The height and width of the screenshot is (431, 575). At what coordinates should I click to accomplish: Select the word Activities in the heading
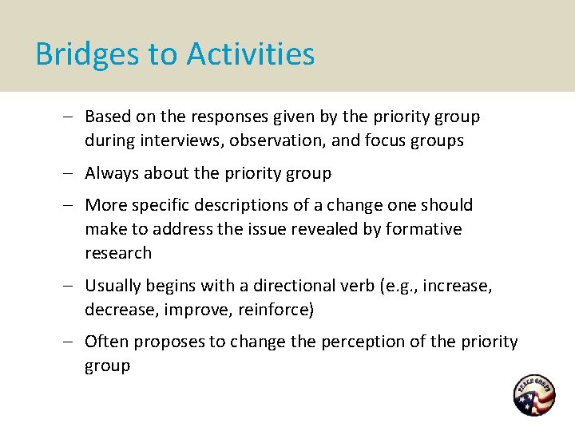pyautogui.click(x=251, y=54)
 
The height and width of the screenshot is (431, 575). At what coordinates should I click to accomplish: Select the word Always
pyautogui.click(x=113, y=173)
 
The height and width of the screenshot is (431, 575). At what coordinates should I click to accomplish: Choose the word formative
pyautogui.click(x=423, y=229)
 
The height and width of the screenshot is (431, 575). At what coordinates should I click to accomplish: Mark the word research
pyautogui.click(x=118, y=253)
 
